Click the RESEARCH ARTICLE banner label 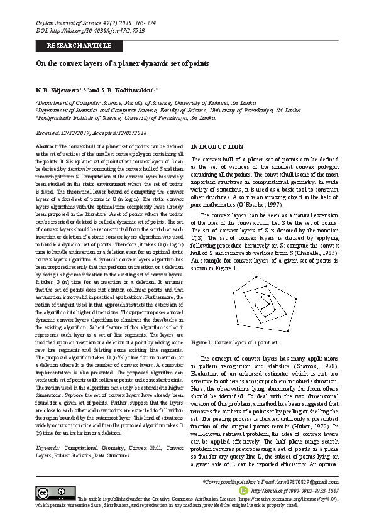79,46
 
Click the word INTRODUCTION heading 216,146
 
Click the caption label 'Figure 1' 201,342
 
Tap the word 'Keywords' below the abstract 49,448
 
